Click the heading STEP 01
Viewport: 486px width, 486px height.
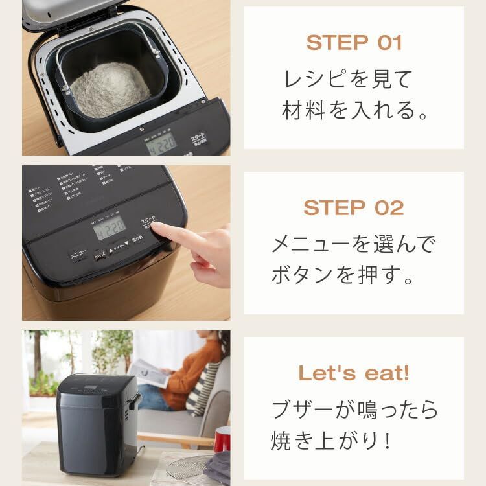pos(354,43)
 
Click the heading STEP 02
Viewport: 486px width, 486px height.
pos(354,208)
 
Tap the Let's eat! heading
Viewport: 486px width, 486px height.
pos(354,373)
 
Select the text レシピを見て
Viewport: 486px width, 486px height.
pos(348,80)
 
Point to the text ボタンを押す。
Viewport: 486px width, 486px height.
pos(341,277)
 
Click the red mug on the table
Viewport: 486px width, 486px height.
pos(222,439)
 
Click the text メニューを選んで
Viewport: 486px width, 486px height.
pos(354,245)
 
